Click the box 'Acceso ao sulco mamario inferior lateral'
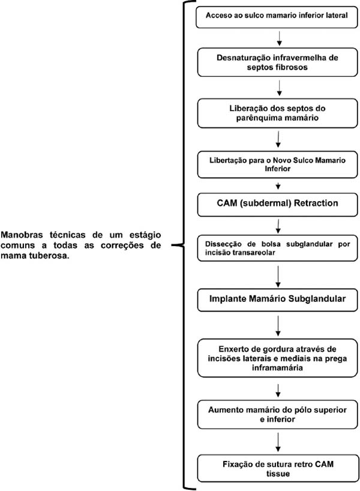277,17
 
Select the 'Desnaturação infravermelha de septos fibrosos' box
277,62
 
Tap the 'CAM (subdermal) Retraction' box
277,205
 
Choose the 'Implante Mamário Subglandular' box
277,300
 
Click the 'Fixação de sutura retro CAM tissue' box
278,468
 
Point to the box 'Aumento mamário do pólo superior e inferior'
277,415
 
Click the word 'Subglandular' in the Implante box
317,298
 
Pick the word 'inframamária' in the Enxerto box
277,367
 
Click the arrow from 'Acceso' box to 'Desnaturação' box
280,38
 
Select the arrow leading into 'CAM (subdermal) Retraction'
278,186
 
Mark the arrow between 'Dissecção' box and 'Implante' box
278,277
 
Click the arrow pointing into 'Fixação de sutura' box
278,442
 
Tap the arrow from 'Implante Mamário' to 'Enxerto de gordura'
278,326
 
